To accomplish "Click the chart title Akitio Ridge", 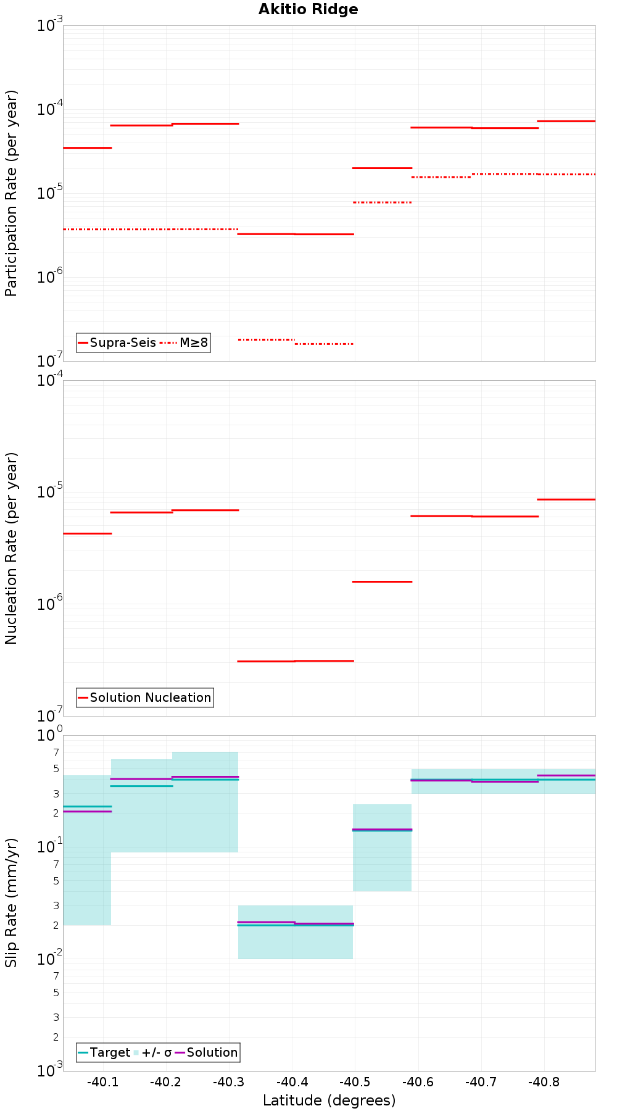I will (308, 10).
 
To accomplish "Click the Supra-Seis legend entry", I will (117, 343).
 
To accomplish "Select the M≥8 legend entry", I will (185, 343).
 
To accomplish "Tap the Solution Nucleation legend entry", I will (145, 697).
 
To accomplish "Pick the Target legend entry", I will (104, 1052).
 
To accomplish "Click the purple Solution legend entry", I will (206, 1052).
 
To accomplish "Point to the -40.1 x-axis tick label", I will (102, 1082).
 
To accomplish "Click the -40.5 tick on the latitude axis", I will (355, 1082).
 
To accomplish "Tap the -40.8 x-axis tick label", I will (544, 1082).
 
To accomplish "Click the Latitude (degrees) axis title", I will (329, 1101).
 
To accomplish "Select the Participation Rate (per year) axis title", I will (11, 193).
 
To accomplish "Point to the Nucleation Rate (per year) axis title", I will (11, 548).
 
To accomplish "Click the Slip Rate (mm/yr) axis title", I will (11, 902).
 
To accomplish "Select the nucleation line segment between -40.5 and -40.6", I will (382, 581).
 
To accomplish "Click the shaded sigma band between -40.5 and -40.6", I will (382, 864).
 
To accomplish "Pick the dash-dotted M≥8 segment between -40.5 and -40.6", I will (382, 202).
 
